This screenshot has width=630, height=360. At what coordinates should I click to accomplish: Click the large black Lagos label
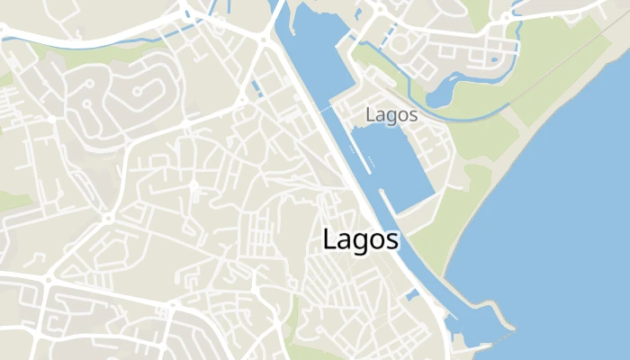pyautogui.click(x=360, y=240)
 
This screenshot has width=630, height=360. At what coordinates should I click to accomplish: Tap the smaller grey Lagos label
pyautogui.click(x=392, y=115)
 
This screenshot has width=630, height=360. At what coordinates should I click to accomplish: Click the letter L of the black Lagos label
pyautogui.click(x=328, y=239)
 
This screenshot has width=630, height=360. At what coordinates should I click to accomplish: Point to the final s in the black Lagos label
pyautogui.click(x=391, y=241)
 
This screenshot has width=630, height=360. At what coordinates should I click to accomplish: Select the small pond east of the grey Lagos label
pyautogui.click(x=443, y=94)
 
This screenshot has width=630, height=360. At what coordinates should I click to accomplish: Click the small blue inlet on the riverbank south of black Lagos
pyautogui.click(x=412, y=295)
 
